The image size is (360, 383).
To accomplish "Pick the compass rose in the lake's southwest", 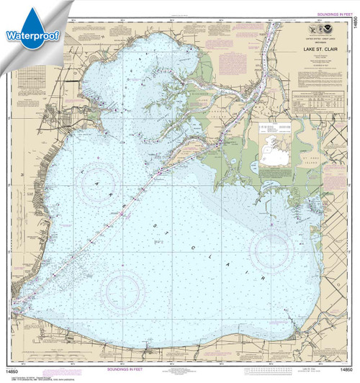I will point(125,291).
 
